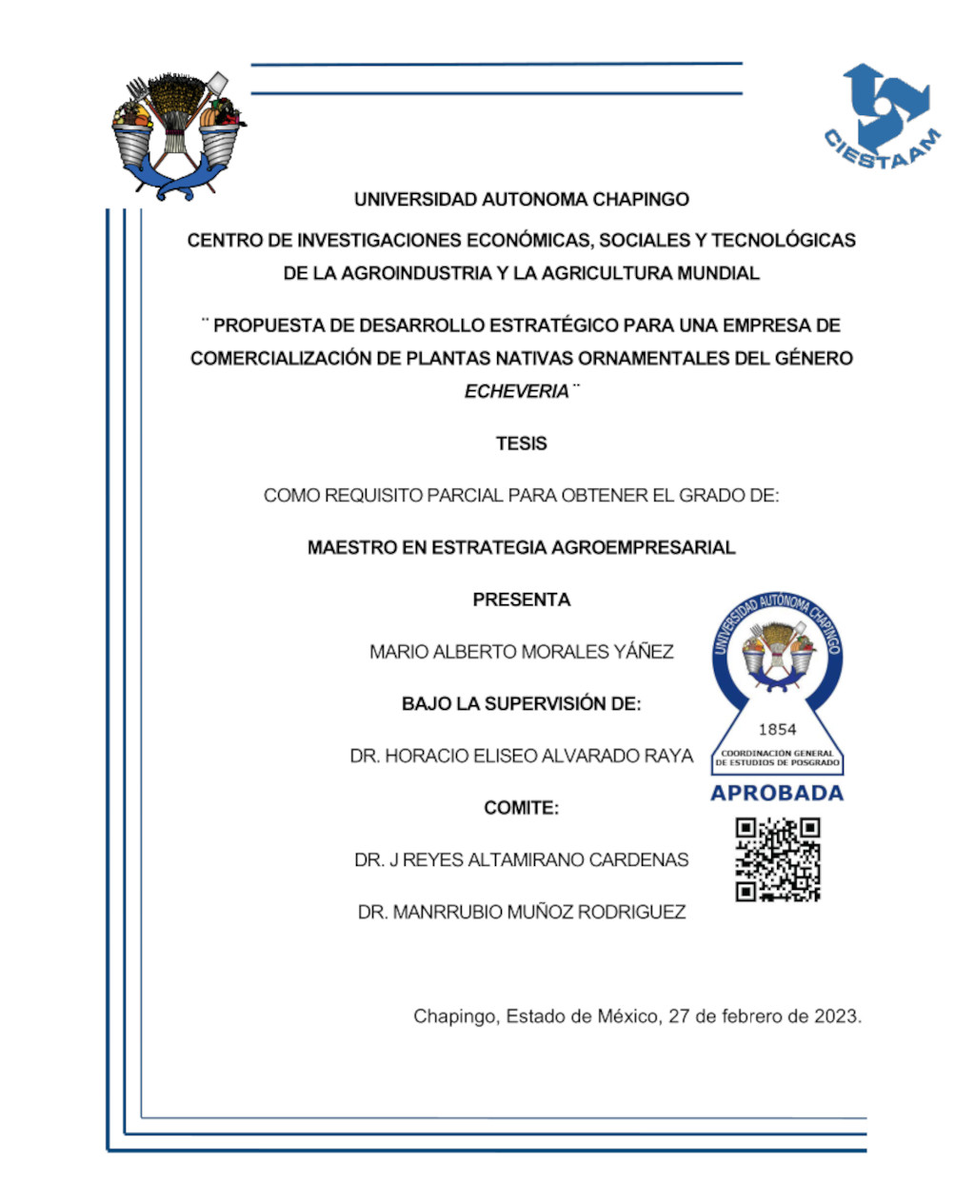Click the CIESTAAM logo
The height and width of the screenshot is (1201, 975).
(x=882, y=120)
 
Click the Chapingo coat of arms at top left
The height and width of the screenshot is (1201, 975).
(x=177, y=133)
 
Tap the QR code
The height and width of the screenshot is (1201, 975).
(x=777, y=859)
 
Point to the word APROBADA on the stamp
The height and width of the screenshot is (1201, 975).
(x=777, y=794)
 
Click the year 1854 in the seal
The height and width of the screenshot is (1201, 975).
(x=777, y=730)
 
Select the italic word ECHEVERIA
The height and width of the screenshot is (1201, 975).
(x=516, y=391)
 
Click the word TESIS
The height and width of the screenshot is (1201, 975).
(x=521, y=443)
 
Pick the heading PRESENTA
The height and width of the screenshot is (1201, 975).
(x=521, y=600)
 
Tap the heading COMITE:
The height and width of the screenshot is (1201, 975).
(x=521, y=808)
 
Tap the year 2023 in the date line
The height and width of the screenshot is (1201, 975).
(x=836, y=1016)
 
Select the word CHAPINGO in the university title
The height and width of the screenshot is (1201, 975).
(x=641, y=200)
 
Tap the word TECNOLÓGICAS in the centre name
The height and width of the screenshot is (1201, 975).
(x=784, y=241)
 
